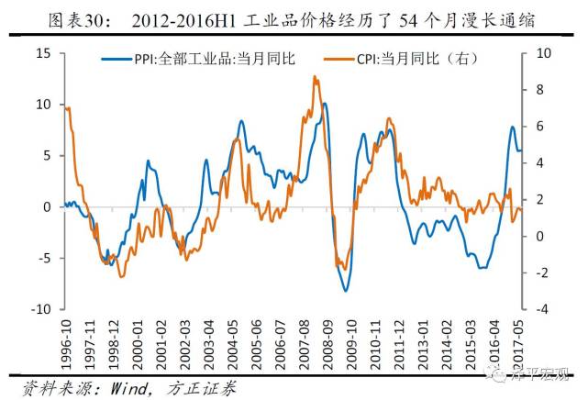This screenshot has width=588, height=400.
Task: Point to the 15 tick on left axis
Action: [43, 53]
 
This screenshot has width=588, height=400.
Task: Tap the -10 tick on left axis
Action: [40, 310]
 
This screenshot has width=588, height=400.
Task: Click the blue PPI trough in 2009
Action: [346, 290]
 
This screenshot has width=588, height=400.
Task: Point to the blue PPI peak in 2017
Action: [512, 128]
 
